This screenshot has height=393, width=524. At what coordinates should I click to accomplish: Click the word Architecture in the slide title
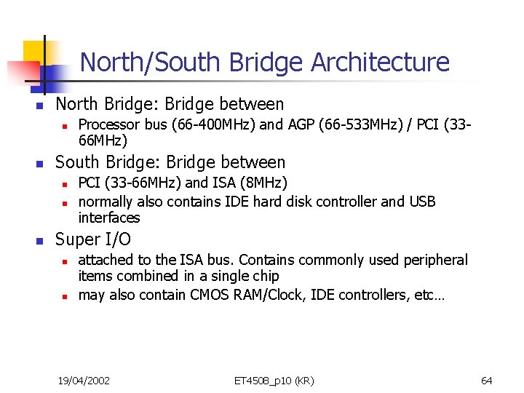click(x=381, y=63)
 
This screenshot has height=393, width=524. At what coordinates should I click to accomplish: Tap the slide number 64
click(x=487, y=381)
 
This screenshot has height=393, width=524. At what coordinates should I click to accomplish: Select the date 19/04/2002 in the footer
click(x=84, y=381)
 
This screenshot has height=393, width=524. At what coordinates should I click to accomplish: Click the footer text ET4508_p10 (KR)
click(x=274, y=381)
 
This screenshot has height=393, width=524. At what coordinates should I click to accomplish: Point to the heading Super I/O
click(x=93, y=239)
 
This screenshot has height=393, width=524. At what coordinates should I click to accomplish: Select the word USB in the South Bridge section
click(x=421, y=202)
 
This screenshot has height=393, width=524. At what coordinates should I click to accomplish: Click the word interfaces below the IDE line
click(x=109, y=218)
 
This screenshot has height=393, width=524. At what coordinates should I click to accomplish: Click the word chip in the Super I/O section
click(x=266, y=276)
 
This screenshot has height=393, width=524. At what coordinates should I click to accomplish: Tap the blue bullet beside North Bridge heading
click(x=41, y=106)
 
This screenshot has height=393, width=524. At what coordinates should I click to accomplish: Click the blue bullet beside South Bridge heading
click(x=41, y=163)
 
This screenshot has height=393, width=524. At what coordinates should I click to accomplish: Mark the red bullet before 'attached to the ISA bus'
click(x=64, y=261)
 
